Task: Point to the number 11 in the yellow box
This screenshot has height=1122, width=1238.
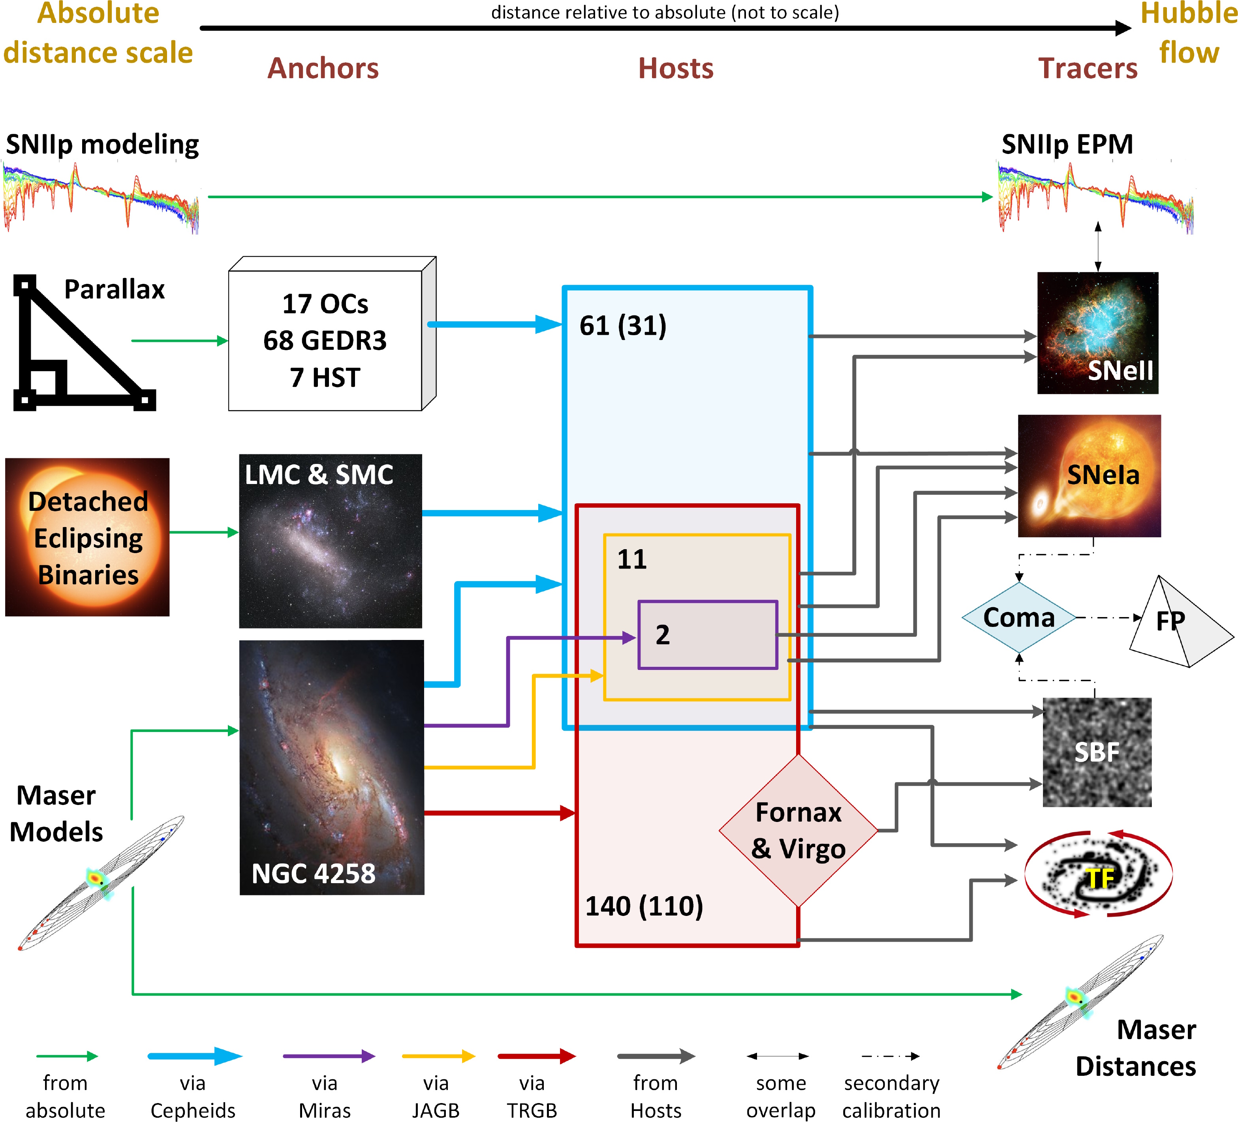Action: pyautogui.click(x=632, y=559)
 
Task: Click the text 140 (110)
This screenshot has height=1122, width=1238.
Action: pyautogui.click(x=644, y=906)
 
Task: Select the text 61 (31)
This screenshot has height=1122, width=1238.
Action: pyautogui.click(x=623, y=325)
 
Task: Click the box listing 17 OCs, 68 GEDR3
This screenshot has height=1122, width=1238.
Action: pyautogui.click(x=325, y=340)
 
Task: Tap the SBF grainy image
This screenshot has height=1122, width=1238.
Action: pyautogui.click(x=1097, y=752)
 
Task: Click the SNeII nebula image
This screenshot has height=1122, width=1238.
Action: pyautogui.click(x=1097, y=333)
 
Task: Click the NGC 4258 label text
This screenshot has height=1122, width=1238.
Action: pyautogui.click(x=313, y=873)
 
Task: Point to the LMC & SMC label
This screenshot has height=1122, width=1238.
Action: pyautogui.click(x=319, y=475)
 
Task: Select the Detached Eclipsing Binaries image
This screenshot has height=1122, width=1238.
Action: pyautogui.click(x=87, y=537)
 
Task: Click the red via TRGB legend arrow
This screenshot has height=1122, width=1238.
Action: pyautogui.click(x=536, y=1056)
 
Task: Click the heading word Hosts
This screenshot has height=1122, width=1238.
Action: pyautogui.click(x=676, y=68)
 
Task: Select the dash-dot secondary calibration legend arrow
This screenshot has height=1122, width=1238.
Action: pyautogui.click(x=890, y=1056)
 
